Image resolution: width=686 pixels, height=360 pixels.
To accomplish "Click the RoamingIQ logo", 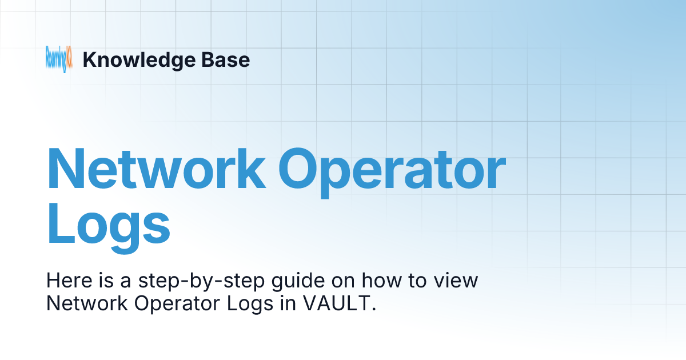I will (59, 59).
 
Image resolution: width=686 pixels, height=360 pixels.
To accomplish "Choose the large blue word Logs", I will (109, 226).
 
